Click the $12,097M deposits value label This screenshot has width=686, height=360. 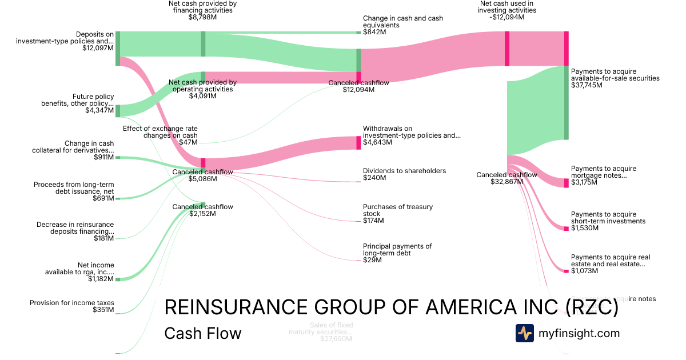[x=98, y=48]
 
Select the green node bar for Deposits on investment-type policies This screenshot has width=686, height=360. [x=118, y=49]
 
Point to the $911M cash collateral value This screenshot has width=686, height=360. [x=103, y=157]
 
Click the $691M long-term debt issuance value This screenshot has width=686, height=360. [x=103, y=198]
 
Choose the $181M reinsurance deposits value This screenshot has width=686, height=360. [x=103, y=238]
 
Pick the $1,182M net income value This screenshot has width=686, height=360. [x=101, y=279]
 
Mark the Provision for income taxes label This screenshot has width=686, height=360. [x=72, y=303]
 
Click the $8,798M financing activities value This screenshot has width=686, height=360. [x=202, y=18]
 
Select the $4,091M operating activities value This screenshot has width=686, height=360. [x=203, y=96]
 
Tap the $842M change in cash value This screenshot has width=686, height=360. [x=374, y=33]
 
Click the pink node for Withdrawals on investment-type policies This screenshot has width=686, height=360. [x=358, y=143]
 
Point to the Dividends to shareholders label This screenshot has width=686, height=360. [x=404, y=171]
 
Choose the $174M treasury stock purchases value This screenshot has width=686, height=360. [x=373, y=221]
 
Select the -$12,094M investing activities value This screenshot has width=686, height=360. [x=506, y=17]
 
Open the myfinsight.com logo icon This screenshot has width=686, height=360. [x=525, y=333]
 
